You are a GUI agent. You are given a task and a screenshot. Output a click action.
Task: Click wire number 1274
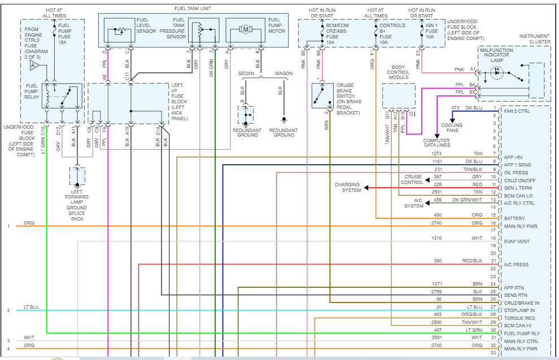(x=437, y=153)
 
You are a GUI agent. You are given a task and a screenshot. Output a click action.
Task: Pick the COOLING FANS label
(x=452, y=128)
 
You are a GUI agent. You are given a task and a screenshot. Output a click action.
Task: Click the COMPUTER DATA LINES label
(x=436, y=143)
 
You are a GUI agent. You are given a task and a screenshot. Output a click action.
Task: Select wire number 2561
(x=437, y=337)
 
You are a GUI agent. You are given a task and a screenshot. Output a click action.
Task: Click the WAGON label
(x=283, y=74)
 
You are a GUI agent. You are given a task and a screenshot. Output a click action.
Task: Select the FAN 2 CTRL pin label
(x=518, y=111)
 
